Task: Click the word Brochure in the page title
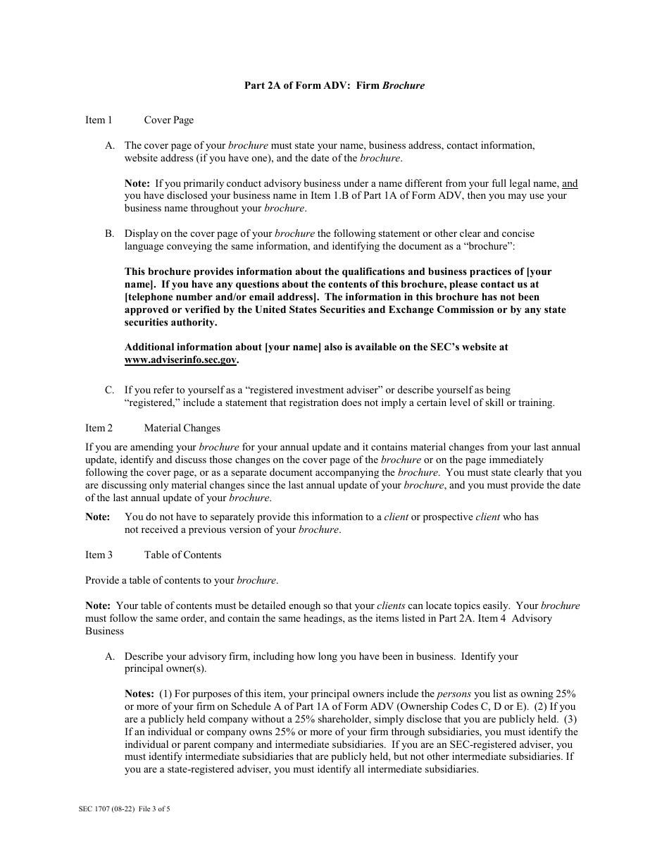[404, 86]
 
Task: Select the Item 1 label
[99, 120]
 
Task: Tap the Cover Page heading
[168, 120]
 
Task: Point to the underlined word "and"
[570, 183]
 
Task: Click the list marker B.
[110, 233]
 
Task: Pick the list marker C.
[110, 390]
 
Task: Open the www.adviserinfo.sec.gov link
[181, 359]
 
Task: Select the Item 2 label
[99, 428]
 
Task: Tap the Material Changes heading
[182, 428]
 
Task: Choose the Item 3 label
[99, 555]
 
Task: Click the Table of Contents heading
[182, 555]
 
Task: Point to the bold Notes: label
[139, 694]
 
